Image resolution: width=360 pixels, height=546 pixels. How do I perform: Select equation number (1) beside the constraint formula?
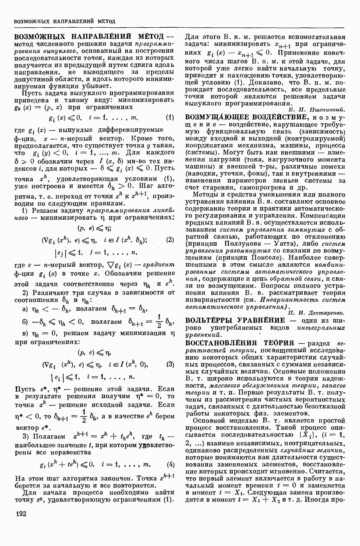169,117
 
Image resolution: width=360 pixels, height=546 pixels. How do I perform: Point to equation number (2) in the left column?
170,240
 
